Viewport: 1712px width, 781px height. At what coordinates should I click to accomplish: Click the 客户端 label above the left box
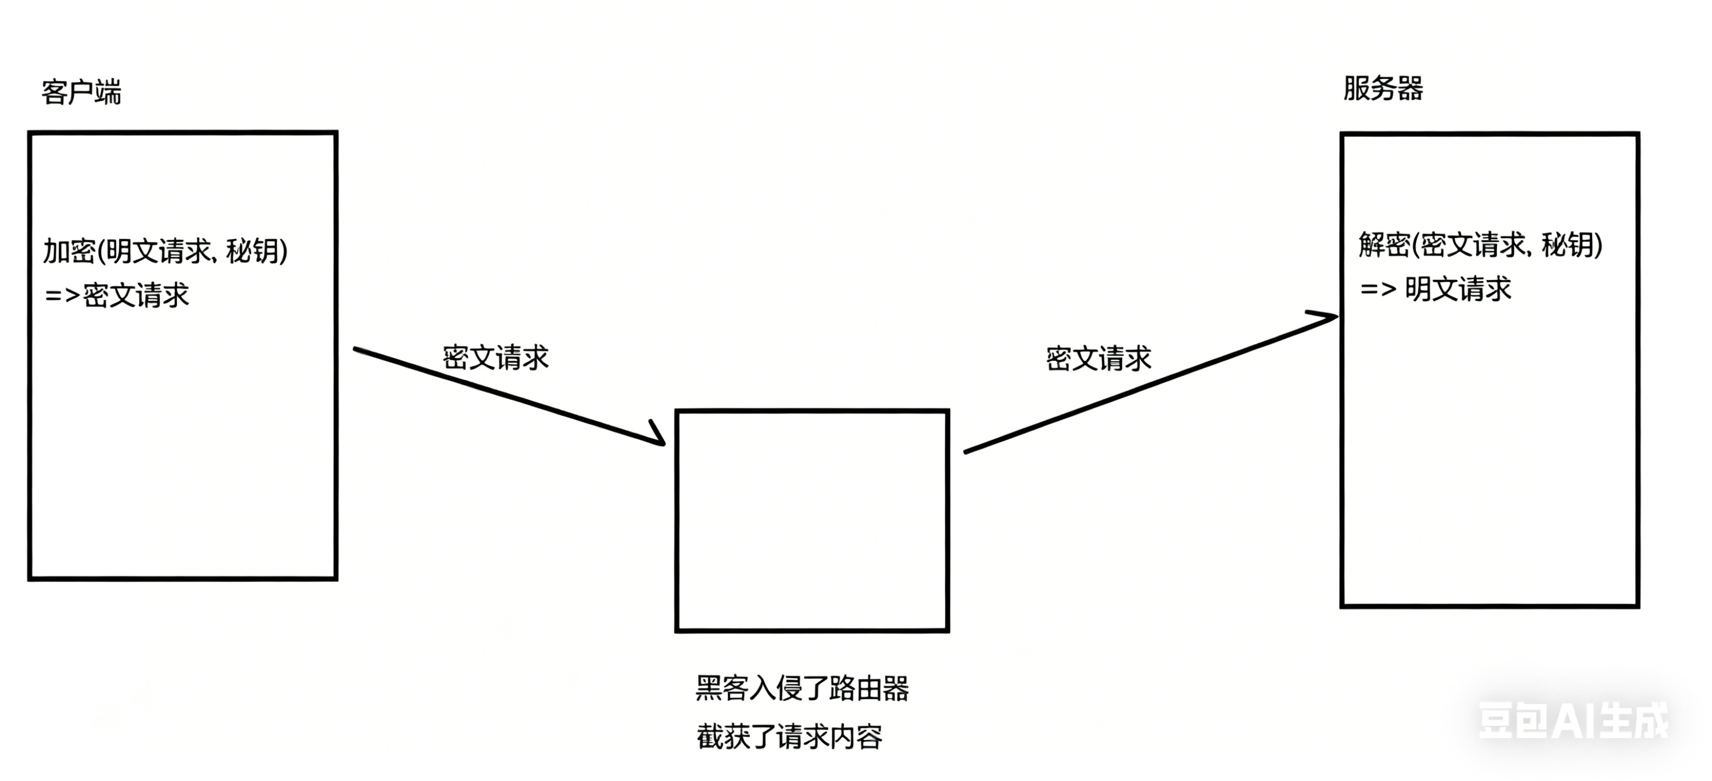[81, 91]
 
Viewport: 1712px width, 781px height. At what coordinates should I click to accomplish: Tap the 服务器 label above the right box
[1383, 89]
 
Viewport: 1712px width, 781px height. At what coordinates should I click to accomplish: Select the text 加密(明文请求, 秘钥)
[165, 251]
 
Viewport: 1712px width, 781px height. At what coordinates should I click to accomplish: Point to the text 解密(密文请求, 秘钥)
[1480, 245]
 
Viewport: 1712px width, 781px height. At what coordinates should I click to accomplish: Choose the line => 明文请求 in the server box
[1436, 289]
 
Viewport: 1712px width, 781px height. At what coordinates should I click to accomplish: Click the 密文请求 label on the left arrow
[496, 357]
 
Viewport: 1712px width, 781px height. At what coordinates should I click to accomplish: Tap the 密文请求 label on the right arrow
[1099, 359]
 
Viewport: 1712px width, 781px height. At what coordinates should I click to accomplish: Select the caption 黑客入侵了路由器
[802, 688]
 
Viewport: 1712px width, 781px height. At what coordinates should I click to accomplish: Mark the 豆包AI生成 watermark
[1573, 720]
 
